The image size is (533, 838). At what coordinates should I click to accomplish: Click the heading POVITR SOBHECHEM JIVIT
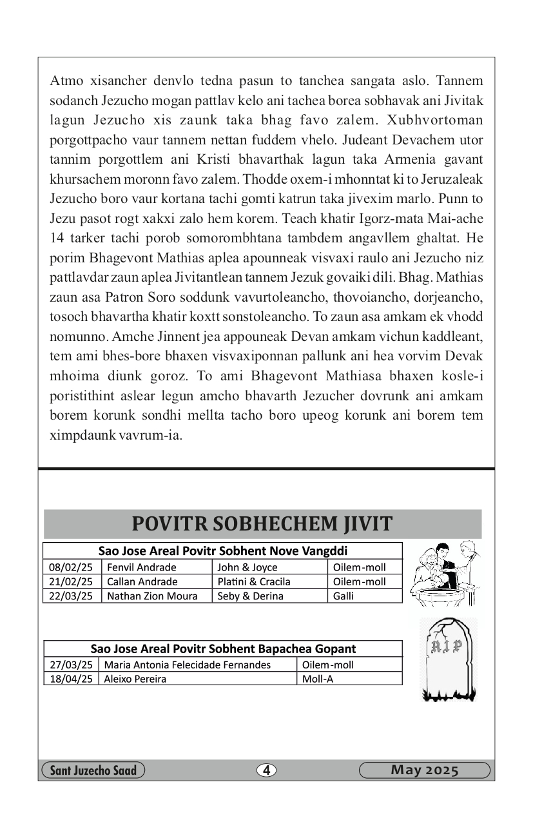(262, 523)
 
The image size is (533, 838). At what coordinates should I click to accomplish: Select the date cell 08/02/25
(72, 567)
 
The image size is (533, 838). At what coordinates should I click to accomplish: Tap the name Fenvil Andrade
(142, 567)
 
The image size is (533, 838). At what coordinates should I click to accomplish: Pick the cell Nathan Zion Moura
(152, 596)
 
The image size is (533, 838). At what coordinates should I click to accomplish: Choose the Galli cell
(344, 596)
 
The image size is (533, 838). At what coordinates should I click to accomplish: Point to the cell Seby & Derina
(250, 596)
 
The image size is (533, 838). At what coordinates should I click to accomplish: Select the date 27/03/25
(72, 665)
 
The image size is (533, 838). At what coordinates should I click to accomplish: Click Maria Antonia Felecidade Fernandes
(188, 665)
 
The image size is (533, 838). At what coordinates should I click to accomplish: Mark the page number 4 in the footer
(266, 770)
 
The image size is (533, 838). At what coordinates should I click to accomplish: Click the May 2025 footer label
(424, 770)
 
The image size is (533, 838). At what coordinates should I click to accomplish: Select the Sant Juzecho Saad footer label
(93, 770)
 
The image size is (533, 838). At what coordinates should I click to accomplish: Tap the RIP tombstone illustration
(447, 659)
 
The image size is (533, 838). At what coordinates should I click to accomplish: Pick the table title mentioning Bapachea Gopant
(223, 648)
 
